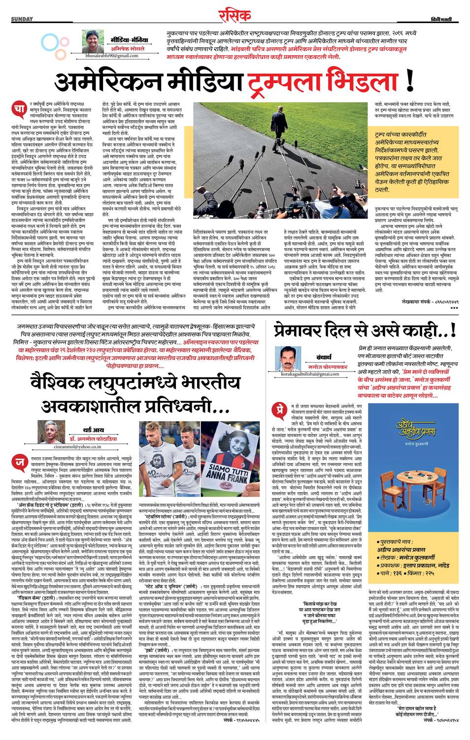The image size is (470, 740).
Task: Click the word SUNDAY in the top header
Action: tap(22, 19)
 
